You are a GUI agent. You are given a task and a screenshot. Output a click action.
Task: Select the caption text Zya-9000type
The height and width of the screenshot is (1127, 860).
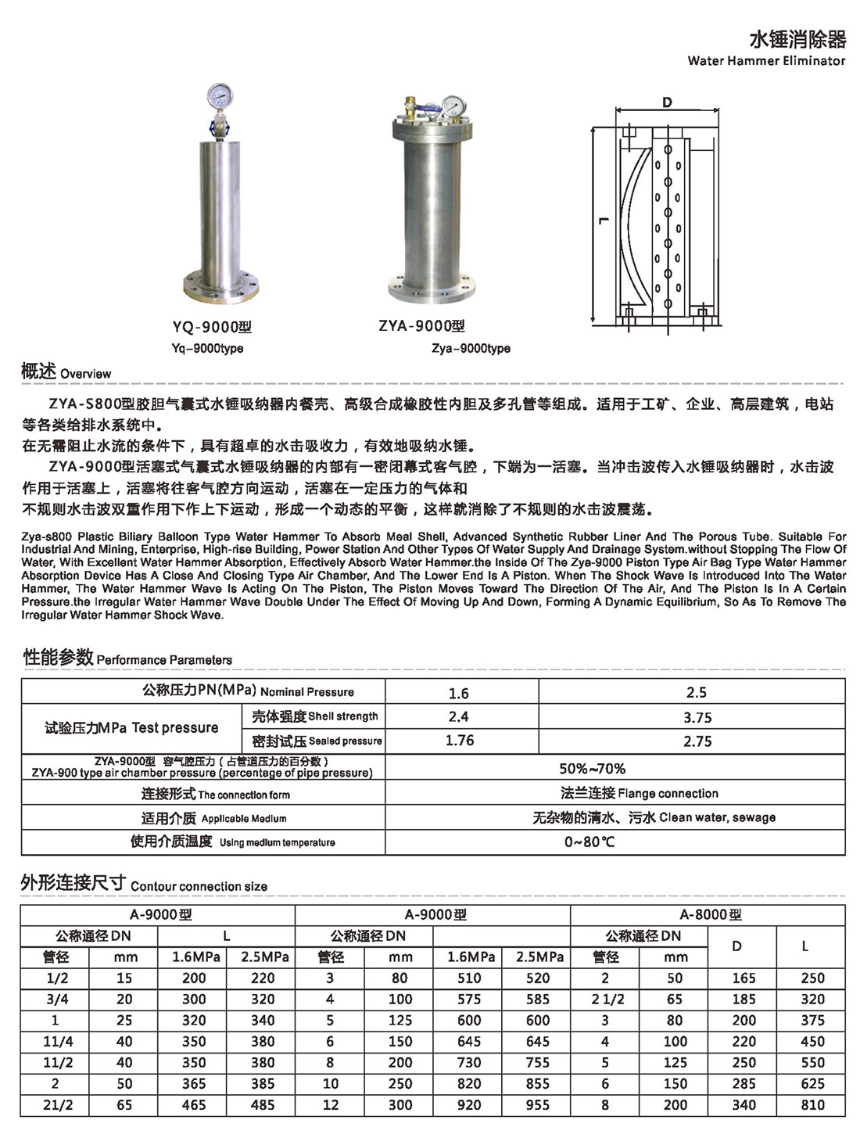(471, 348)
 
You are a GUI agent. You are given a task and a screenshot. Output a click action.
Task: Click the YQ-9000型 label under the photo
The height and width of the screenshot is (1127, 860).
(213, 327)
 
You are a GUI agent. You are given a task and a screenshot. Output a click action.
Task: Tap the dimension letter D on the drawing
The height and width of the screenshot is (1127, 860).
(666, 102)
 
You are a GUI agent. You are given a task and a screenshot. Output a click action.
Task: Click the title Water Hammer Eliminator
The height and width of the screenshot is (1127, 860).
(766, 60)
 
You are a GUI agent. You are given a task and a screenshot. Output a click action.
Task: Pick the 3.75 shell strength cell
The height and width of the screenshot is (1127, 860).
(697, 717)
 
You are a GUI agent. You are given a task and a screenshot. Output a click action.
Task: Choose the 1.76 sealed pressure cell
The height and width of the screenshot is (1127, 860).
(460, 741)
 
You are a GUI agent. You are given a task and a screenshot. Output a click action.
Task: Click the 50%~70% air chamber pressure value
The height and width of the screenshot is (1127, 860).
(592, 768)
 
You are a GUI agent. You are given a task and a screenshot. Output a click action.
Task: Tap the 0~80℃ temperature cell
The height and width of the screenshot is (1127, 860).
(589, 842)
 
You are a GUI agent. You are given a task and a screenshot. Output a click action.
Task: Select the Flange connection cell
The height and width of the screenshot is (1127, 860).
(639, 793)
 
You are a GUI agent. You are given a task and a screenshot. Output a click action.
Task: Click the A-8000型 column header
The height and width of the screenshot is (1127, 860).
(710, 914)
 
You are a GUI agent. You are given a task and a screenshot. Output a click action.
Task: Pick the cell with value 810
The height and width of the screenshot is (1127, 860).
(812, 1105)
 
